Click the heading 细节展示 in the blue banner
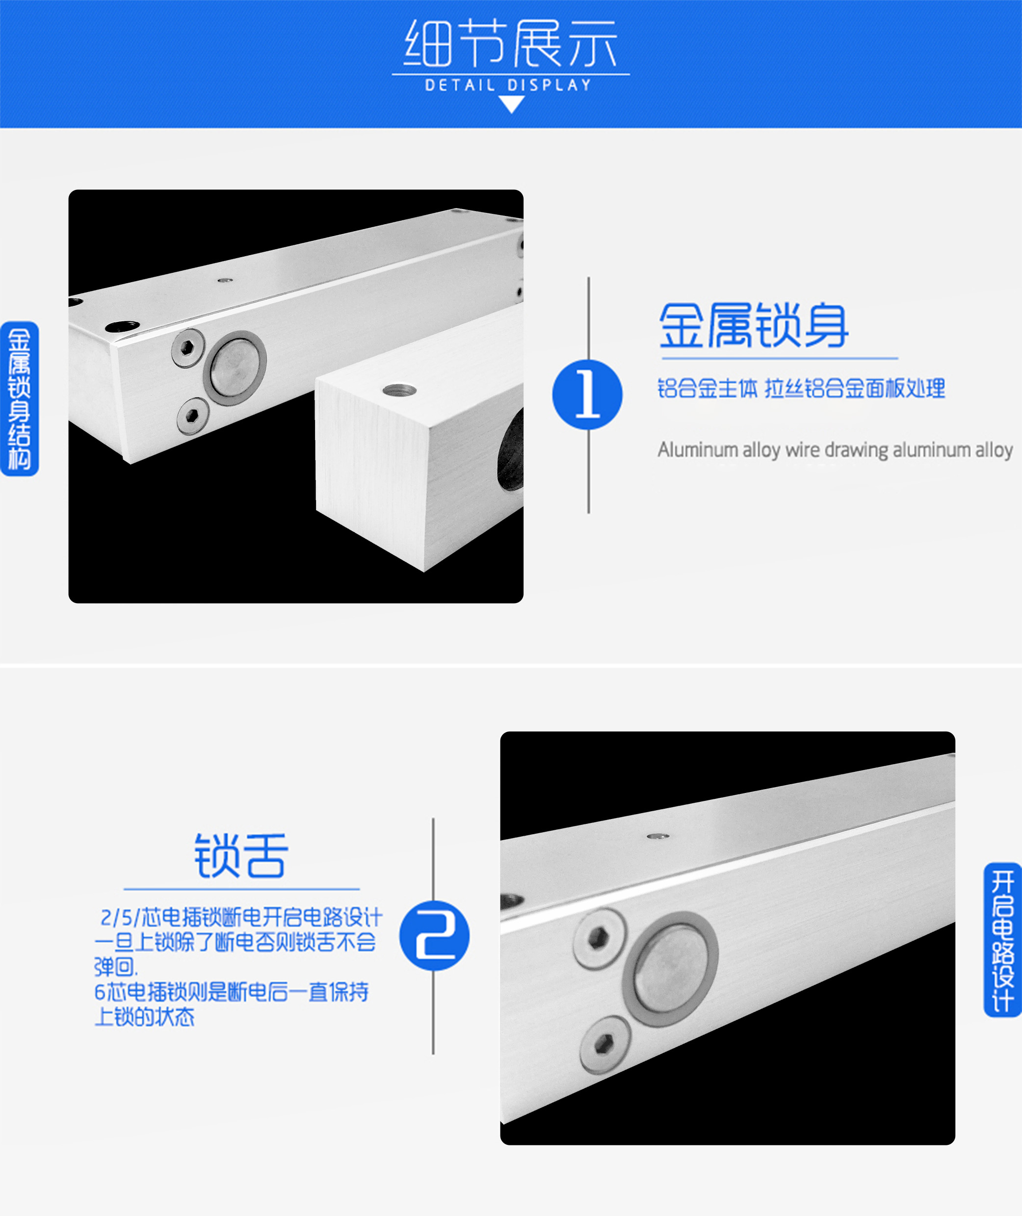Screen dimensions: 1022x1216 point(510,44)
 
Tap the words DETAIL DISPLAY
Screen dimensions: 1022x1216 point(509,85)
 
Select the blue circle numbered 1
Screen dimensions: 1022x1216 point(587,395)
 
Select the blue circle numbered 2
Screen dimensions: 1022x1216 point(435,936)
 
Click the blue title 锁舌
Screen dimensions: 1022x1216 point(241,855)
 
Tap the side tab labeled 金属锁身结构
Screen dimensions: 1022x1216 point(19,399)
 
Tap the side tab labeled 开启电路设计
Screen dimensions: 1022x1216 point(1003,940)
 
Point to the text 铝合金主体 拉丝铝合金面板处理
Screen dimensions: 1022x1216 point(801,388)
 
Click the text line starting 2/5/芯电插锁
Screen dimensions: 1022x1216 point(241,918)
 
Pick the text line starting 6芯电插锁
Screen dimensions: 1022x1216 point(231,992)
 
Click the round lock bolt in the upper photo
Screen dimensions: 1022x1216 point(234,368)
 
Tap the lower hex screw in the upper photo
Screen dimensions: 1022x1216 point(193,415)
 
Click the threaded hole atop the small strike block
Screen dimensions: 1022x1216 point(399,390)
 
